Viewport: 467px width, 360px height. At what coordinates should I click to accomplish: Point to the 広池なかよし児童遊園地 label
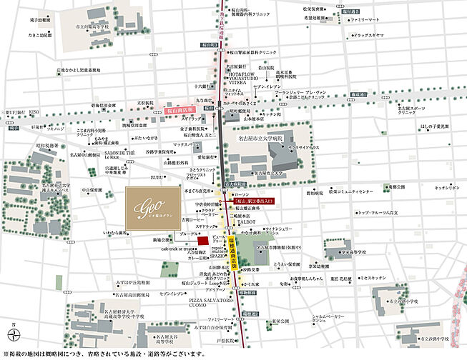pos(78,70)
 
